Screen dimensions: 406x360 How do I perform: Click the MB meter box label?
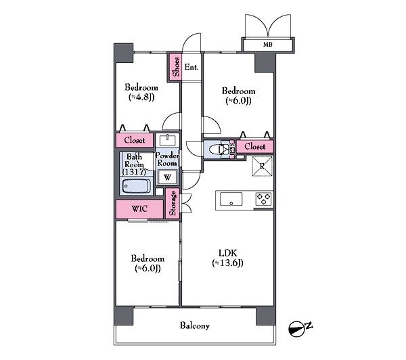coord(268,45)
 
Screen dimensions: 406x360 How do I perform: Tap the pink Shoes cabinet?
coord(175,67)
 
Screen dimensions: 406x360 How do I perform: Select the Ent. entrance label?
coord(191,67)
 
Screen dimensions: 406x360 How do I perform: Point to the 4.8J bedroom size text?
coord(141,97)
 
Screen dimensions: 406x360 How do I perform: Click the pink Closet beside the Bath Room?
coord(135,140)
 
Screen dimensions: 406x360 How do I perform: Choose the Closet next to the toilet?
coord(255,146)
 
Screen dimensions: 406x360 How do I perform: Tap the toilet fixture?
coord(219,150)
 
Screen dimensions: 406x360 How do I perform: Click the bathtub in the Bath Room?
coord(137,186)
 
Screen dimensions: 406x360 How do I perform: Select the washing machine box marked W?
coord(167,177)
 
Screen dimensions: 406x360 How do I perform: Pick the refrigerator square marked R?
coord(263,166)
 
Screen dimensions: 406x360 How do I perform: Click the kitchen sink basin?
coord(231,199)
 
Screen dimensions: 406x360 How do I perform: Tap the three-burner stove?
coord(264,199)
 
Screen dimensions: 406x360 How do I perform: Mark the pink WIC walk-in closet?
coord(139,209)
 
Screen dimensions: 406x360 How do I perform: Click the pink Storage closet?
coord(173,203)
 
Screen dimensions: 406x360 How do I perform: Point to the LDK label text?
coord(227,253)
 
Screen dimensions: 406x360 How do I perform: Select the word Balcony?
coord(195,325)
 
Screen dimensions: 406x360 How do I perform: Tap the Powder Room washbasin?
coord(168,140)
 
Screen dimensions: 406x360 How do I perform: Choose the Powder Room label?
coord(167,159)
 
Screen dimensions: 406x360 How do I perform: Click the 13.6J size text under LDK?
coord(227,263)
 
